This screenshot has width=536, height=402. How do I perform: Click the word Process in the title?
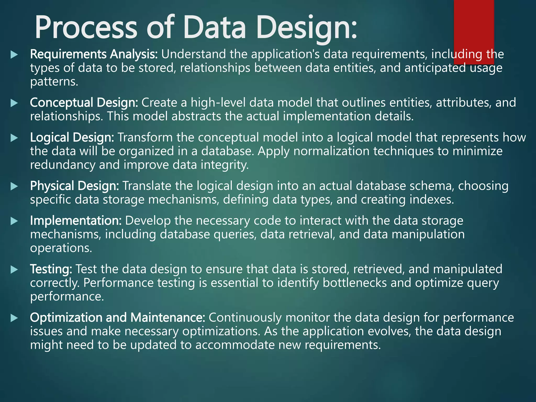86,28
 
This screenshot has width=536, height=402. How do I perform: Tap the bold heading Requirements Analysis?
94,54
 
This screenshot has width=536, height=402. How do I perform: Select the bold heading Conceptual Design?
84,103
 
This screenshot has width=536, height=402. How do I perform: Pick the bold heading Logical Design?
72,137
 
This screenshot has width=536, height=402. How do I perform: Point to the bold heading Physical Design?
74,186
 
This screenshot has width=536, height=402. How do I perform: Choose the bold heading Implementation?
76,221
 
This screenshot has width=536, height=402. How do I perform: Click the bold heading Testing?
51,269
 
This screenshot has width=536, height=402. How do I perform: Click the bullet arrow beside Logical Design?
14,138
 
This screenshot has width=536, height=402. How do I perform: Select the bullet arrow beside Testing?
14,269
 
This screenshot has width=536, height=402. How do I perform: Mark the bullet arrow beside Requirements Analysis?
14,55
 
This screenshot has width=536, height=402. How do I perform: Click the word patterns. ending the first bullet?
54,82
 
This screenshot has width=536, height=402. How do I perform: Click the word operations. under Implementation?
61,248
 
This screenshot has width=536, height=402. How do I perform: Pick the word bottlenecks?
355,283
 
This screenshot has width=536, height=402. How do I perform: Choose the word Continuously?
245,317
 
